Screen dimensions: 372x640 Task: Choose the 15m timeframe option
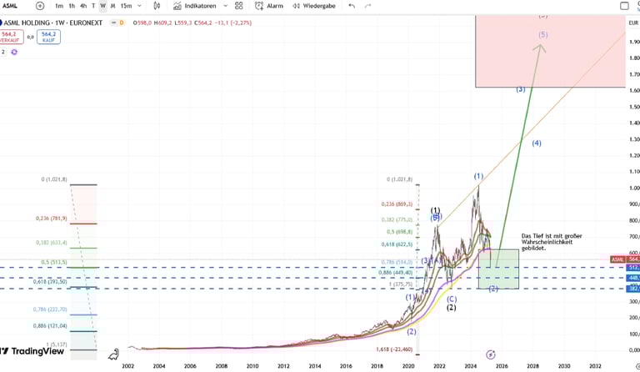pyautogui.click(x=126, y=6)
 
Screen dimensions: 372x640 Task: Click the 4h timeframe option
pyautogui.click(x=82, y=6)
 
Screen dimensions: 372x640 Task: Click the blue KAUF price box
pyautogui.click(x=48, y=37)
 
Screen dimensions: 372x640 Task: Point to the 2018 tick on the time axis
pyautogui.click(x=377, y=365)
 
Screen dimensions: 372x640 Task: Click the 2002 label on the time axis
pyautogui.click(x=127, y=365)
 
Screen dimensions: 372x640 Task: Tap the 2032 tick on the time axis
pyautogui.click(x=595, y=365)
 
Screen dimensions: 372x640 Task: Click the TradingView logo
pyautogui.click(x=33, y=351)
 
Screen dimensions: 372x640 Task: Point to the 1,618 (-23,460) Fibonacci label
pyautogui.click(x=395, y=349)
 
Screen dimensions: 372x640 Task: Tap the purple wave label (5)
pyautogui.click(x=543, y=34)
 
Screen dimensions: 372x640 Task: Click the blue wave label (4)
pyautogui.click(x=537, y=143)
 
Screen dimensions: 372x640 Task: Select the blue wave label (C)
pyautogui.click(x=452, y=299)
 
